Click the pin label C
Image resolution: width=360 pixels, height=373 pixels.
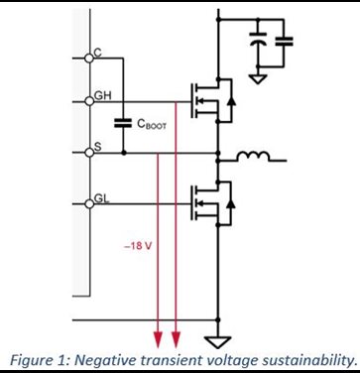[97, 52]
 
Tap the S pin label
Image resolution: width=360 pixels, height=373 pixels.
[96, 147]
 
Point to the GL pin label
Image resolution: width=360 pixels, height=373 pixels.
[101, 197]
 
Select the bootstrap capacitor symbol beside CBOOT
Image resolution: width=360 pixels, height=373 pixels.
[124, 125]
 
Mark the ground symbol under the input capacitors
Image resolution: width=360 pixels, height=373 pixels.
[257, 76]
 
